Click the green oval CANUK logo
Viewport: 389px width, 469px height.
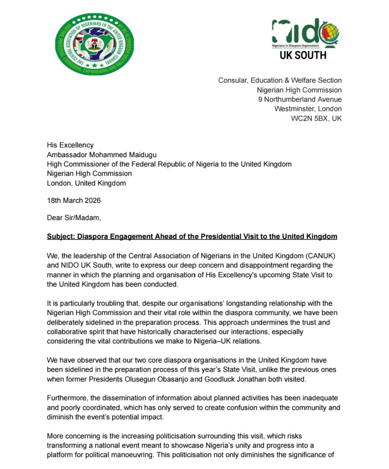click(x=94, y=44)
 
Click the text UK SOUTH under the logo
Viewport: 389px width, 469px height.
click(x=303, y=56)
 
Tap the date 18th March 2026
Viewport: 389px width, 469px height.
click(x=74, y=200)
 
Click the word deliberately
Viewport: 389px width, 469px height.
click(x=70, y=322)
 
